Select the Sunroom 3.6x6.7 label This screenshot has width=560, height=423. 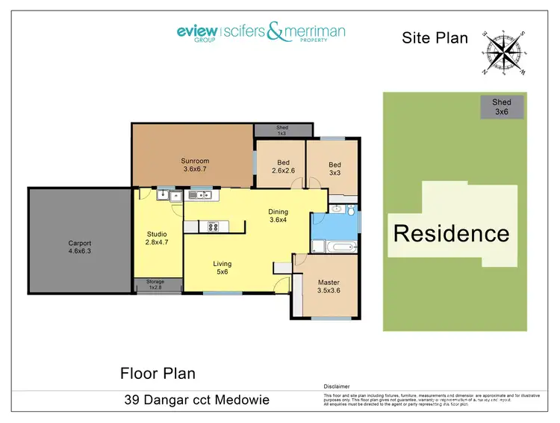point(195,165)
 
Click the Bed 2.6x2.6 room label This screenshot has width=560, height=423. point(283,167)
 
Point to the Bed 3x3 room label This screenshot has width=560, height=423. point(335,169)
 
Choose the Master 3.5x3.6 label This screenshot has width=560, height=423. point(328,286)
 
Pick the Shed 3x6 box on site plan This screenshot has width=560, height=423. point(502,108)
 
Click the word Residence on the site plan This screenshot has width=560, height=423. point(451,233)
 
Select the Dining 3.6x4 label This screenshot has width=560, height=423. point(278,216)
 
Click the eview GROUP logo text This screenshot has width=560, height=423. point(196,32)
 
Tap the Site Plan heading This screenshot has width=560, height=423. point(435,37)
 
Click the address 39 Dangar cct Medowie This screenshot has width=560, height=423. point(196,401)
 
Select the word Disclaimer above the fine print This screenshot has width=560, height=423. point(336,386)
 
